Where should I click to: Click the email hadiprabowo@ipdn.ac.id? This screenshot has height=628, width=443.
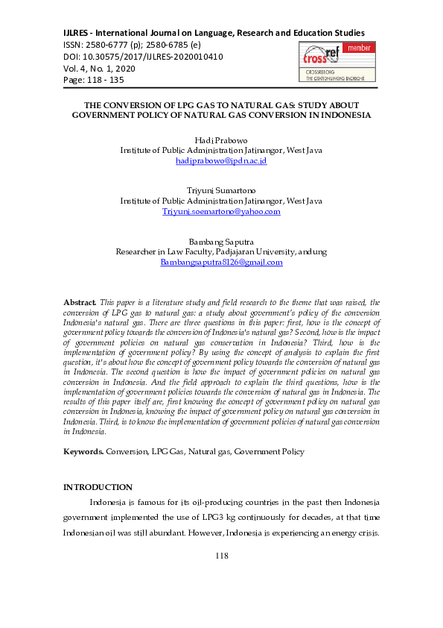tap(221, 160)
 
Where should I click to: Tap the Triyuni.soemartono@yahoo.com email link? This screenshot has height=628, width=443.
tap(221, 211)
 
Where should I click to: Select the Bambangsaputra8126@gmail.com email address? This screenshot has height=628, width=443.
tap(221, 262)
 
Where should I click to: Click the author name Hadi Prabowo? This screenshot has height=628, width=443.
tap(221, 139)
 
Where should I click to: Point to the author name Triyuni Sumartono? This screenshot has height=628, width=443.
tap(221, 190)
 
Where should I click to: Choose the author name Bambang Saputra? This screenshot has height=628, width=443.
tap(221, 241)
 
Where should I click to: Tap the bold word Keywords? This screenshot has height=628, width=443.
tap(83, 451)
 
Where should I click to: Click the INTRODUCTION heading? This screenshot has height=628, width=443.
tap(98, 487)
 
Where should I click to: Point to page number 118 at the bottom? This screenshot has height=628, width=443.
tap(221, 556)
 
